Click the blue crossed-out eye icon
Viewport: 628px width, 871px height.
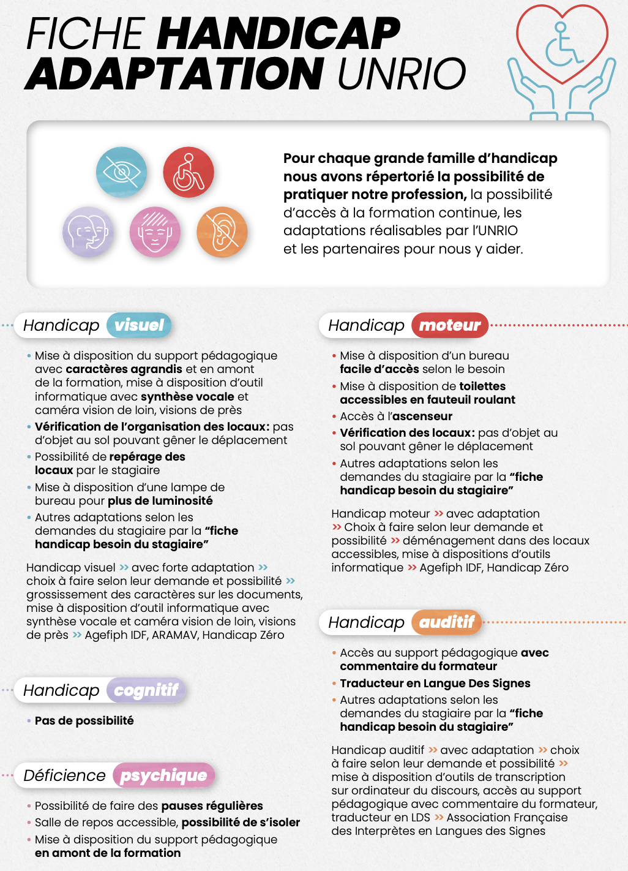click(122, 172)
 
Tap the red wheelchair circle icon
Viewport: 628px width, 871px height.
click(189, 172)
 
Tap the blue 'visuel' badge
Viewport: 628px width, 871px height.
click(139, 325)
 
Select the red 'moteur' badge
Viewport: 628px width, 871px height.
click(450, 325)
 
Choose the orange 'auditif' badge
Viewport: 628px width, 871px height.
click(447, 622)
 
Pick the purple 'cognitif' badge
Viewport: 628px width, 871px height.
click(146, 690)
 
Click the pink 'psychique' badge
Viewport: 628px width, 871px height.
click(163, 775)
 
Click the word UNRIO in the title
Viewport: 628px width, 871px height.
click(402, 74)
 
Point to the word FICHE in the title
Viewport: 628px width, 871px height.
click(85, 33)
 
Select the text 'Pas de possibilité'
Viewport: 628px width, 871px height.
click(84, 721)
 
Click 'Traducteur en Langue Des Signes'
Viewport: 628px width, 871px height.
click(435, 684)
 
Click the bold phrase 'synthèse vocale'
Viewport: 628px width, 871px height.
click(187, 397)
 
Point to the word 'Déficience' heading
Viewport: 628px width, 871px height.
click(64, 775)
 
